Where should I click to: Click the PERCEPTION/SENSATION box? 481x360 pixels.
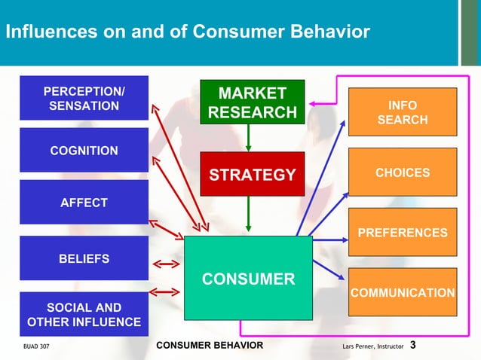[84, 99]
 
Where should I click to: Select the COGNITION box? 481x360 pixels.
[84, 151]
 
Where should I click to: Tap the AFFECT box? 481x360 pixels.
[84, 203]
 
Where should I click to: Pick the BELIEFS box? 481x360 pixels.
[84, 258]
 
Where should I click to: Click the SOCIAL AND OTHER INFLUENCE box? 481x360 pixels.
[84, 315]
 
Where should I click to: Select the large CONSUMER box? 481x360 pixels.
[248, 279]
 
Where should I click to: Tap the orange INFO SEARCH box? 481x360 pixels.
[402, 111]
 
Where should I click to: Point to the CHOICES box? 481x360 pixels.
[402, 172]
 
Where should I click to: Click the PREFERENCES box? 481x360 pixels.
[402, 233]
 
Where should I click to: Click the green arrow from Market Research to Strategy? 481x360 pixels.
[248, 138]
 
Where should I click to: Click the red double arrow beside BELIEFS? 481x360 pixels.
[166, 264]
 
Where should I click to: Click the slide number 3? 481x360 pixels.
[413, 346]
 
